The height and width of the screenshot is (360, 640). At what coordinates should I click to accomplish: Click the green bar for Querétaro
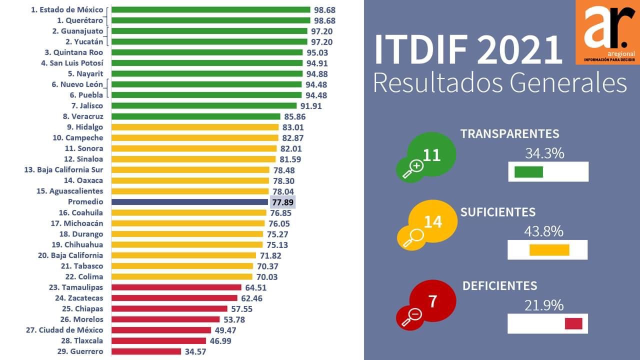tap(210, 20)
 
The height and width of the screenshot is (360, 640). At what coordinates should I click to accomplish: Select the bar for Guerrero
tap(146, 351)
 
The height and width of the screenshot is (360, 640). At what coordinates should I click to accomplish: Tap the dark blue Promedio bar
tap(189, 202)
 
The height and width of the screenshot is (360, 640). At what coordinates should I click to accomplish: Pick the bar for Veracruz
tap(195, 116)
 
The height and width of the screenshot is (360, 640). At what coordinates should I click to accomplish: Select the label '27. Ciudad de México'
tap(64, 330)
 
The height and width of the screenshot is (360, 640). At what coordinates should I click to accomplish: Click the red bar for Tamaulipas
tap(176, 287)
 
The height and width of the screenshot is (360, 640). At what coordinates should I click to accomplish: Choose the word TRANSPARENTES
tap(509, 134)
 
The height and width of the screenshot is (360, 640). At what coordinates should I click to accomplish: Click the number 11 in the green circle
tap(431, 155)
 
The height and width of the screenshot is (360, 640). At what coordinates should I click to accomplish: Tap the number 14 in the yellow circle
tap(433, 221)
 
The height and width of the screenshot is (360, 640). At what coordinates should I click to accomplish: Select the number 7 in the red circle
tap(433, 301)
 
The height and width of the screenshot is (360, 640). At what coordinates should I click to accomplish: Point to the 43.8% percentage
tap(543, 231)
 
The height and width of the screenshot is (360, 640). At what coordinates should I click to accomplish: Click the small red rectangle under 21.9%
tap(573, 323)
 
